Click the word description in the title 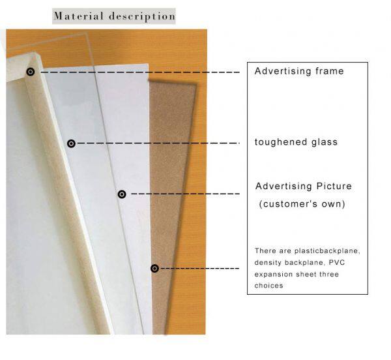[x=142, y=15]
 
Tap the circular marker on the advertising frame [x=30, y=72]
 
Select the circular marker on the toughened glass [x=71, y=143]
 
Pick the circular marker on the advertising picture [x=121, y=194]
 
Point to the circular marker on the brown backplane [x=154, y=268]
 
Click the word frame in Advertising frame [x=328, y=71]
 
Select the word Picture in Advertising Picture [x=332, y=186]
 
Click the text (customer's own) [x=302, y=204]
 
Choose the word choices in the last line [x=268, y=286]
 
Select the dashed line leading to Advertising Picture [x=182, y=194]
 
